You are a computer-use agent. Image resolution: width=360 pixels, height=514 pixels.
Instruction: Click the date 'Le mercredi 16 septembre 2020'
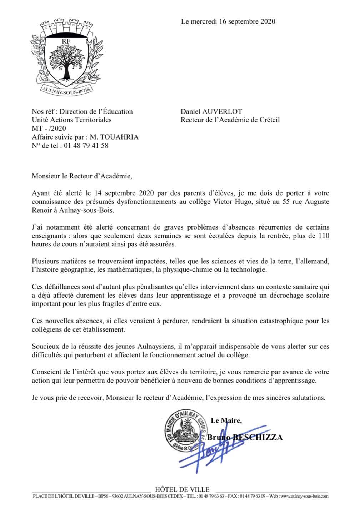coord(228,21)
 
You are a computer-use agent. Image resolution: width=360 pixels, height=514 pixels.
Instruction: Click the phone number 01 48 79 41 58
coord(86,146)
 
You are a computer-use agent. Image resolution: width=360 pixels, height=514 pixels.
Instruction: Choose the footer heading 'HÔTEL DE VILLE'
coord(182,489)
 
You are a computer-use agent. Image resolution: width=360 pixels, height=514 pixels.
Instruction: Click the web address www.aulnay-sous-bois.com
coord(304,496)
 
